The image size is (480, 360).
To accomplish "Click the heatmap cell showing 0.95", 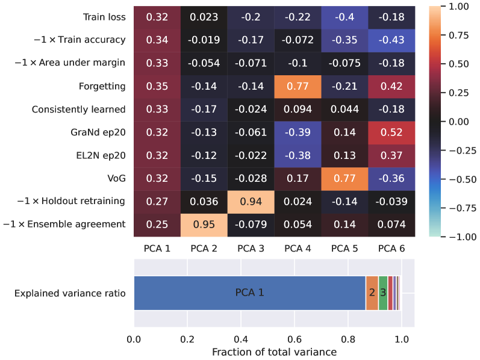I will tap(204, 224).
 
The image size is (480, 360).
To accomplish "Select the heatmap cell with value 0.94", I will tap(251, 201).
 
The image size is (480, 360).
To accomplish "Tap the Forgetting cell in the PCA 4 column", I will tap(297, 86).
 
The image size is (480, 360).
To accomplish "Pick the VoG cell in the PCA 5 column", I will tap(344, 178).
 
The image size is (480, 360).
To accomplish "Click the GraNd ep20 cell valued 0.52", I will tap(391, 132).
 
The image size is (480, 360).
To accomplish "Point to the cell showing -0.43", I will tap(391, 40).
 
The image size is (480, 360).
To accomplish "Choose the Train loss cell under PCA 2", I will tap(204, 17).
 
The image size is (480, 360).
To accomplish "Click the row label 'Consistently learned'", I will tap(79, 109).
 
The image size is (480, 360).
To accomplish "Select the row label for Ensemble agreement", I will tap(64, 225).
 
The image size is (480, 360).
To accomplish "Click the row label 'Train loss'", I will tap(105, 17).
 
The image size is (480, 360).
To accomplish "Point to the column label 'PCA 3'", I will tap(251, 247).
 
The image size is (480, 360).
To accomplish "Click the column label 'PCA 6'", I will tap(391, 247).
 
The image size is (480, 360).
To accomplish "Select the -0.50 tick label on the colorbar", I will tap(462, 179).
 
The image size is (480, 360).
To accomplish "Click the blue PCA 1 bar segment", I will tap(249, 293).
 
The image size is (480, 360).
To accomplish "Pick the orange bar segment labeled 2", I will tap(372, 293).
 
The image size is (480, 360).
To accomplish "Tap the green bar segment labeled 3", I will tap(382, 293).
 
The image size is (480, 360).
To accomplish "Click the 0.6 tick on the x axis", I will tap(294, 339).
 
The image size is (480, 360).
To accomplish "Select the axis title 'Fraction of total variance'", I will tap(274, 351).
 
